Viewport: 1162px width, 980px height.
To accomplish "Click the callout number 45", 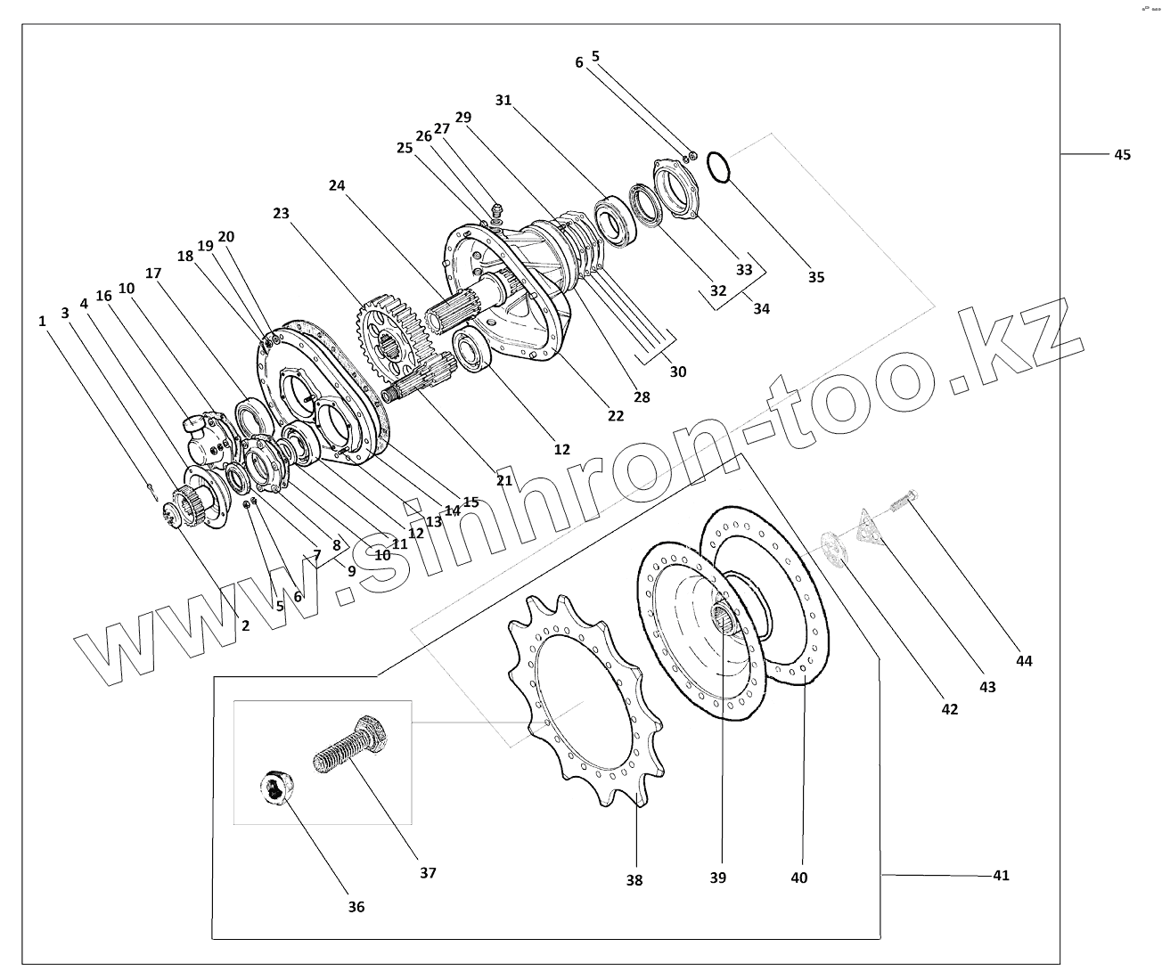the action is coord(1121,155).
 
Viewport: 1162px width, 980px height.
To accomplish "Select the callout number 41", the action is coord(1001,876).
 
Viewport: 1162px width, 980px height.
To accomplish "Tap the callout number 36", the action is coord(356,907).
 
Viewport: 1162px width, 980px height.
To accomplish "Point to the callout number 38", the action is coord(634,880).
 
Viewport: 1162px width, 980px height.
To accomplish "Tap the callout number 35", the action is coord(815,277).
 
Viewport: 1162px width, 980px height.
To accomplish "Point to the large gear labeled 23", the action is coord(389,333).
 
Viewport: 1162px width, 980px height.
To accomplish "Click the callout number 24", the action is coord(336,185).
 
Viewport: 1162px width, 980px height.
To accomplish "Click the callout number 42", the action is coord(949,709).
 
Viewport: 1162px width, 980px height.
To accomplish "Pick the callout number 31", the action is coord(503,101).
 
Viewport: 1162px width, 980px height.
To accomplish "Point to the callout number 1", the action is coord(42,322).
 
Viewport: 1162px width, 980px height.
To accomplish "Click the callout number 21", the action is coord(504,480).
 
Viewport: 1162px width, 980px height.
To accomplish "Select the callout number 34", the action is coord(760,309).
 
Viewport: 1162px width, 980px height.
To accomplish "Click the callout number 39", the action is coord(718,878).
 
